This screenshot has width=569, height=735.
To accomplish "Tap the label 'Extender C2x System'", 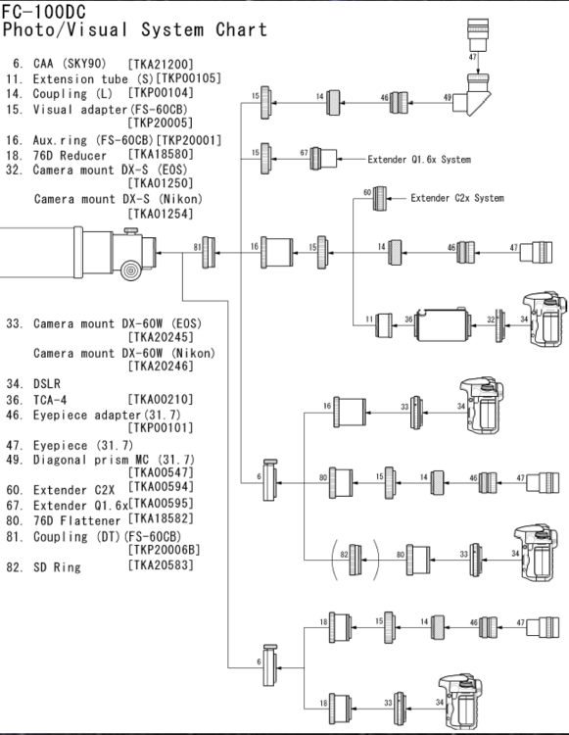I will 456,198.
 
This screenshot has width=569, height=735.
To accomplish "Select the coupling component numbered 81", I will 209,253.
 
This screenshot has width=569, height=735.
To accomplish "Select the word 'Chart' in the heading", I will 241,29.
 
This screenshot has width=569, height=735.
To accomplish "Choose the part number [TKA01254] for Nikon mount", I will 161,213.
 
